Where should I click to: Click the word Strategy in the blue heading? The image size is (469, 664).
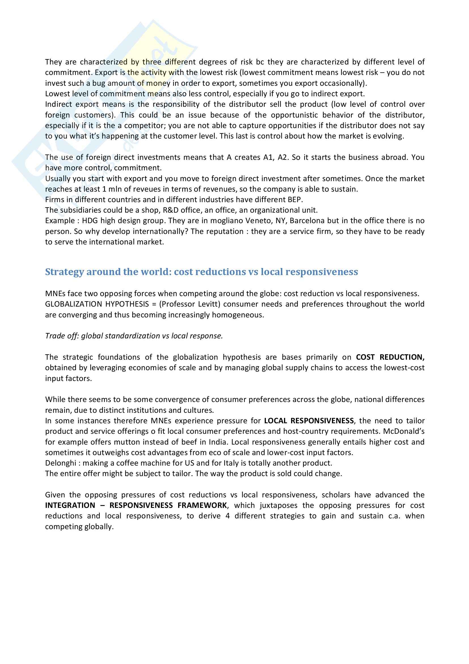coord(64,272)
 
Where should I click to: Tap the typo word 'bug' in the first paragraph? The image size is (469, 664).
coord(99,83)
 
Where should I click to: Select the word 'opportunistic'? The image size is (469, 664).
coord(294,115)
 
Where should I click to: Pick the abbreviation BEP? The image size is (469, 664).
coord(295,200)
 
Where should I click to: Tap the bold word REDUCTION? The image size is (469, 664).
coord(402,357)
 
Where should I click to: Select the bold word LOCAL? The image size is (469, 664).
coord(276,421)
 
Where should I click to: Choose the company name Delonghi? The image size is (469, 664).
coord(60,463)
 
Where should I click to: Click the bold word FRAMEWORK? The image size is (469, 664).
coord(202,506)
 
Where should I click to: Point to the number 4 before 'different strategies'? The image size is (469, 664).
coord(228,516)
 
